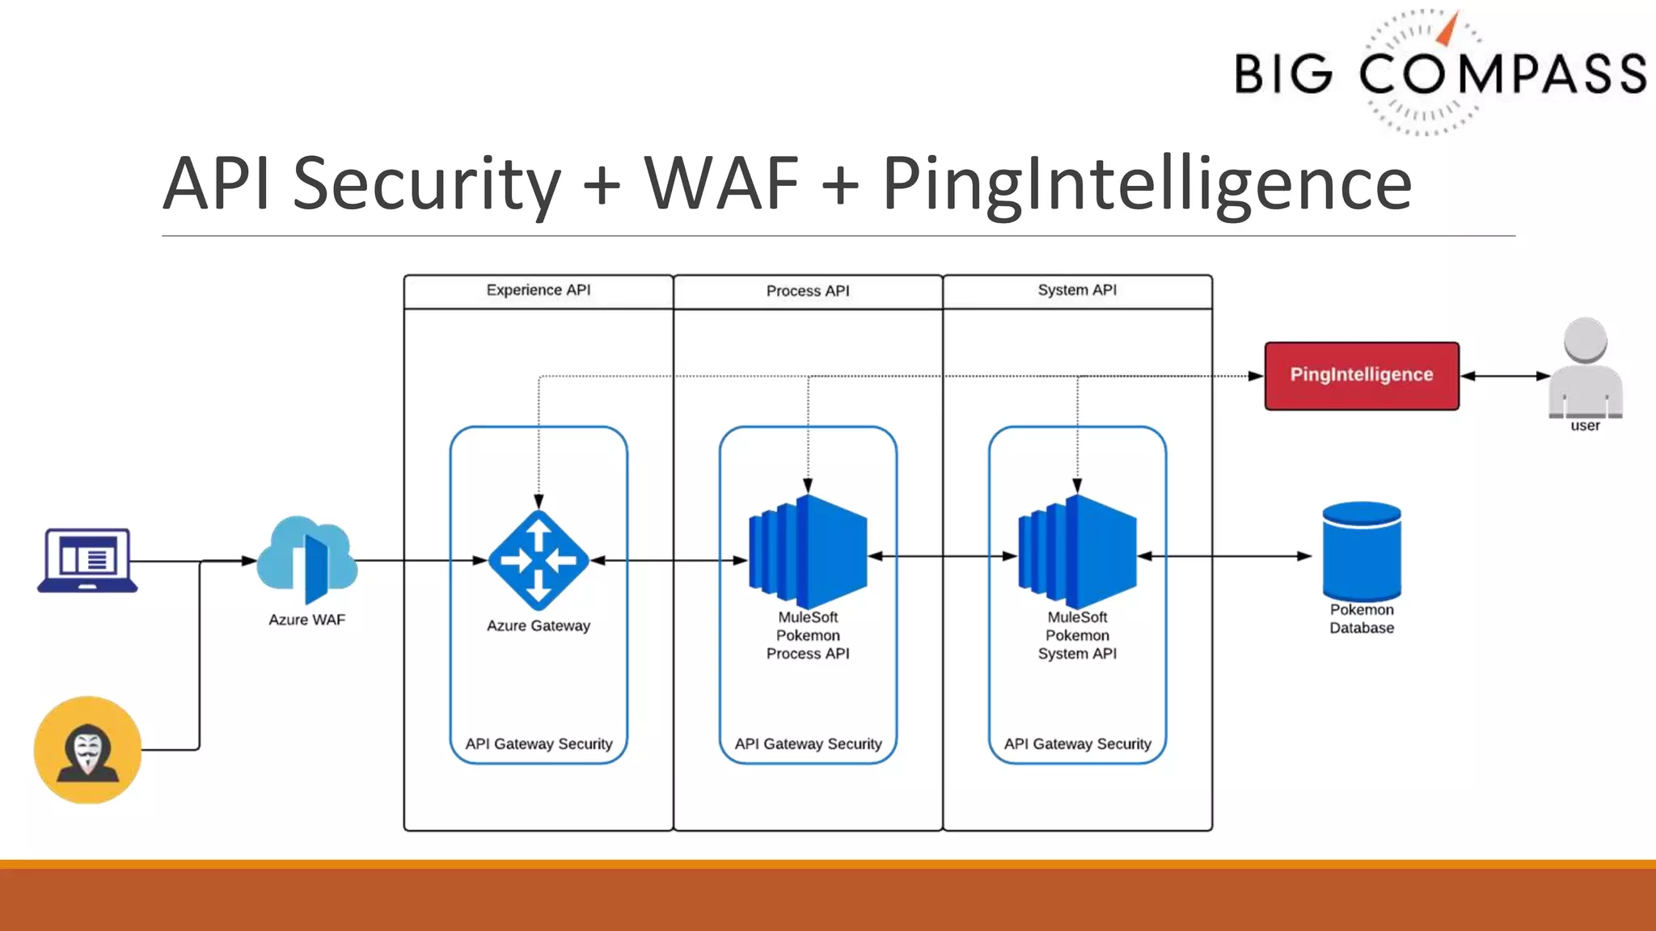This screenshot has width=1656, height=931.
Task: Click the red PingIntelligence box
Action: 1362,375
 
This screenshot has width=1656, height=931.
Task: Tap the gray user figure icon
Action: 1585,368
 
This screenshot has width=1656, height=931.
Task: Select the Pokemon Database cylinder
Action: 1362,551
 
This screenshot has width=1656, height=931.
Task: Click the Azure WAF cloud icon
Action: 307,559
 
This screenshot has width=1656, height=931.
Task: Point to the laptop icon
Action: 87,559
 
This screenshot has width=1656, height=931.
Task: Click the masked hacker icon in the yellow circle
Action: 87,750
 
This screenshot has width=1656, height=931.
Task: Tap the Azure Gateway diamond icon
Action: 539,559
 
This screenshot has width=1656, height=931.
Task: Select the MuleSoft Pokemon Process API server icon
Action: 808,553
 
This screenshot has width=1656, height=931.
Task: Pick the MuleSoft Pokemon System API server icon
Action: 1077,553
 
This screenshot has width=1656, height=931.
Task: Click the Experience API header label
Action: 539,290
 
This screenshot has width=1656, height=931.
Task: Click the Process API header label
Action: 808,291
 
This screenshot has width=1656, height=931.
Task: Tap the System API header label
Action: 1077,290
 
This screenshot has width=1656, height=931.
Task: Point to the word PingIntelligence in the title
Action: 1147,184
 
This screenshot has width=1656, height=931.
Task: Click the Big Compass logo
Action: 1439,73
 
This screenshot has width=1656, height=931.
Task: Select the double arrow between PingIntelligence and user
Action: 1505,376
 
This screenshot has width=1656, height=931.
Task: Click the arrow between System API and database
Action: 1224,556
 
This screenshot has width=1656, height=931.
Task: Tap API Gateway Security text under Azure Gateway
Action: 539,744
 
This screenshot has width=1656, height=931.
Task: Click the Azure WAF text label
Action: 306,620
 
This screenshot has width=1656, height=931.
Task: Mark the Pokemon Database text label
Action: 1362,619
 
